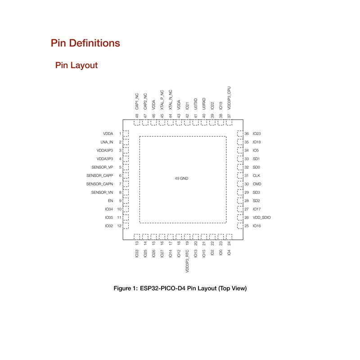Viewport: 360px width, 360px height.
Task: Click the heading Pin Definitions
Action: pos(85,43)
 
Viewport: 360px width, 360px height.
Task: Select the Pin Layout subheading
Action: pos(76,65)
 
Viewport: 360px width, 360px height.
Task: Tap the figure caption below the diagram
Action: pos(180,288)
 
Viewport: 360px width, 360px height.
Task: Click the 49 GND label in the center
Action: pos(181,179)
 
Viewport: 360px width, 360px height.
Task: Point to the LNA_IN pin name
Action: pos(107,142)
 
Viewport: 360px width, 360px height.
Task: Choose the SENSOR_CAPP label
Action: pos(99,175)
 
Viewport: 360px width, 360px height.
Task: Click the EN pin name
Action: pos(110,201)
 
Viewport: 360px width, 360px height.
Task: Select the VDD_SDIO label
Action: pos(262,217)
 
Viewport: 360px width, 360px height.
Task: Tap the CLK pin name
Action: pos(256,175)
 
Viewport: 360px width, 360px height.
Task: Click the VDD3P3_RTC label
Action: pos(187,262)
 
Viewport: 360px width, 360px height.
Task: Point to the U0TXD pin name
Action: pos(196,104)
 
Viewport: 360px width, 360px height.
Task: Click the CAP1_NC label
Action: pos(137,102)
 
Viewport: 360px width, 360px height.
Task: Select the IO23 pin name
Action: pos(257,134)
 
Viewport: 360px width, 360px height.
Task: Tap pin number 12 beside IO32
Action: pos(119,226)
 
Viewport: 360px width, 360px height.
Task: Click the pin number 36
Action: pos(247,134)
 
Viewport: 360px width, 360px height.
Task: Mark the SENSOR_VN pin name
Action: pos(102,192)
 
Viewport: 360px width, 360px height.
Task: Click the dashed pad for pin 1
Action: pos(126,134)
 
